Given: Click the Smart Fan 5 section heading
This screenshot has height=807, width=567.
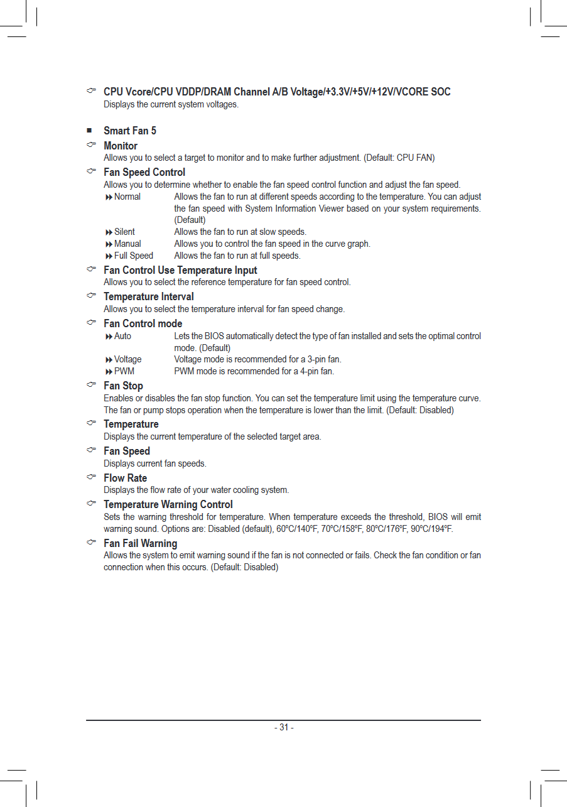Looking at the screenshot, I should pos(130,131).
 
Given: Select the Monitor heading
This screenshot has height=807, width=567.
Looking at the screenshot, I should pos(121,146).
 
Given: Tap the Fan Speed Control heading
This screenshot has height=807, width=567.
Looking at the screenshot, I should pos(144,172).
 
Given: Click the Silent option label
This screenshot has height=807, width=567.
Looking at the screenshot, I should pos(124,232).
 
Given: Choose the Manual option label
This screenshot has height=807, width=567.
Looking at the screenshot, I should pos(127,244).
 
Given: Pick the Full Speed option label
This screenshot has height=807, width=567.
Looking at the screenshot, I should pos(134,256).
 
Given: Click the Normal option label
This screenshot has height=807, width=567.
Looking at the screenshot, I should pos(127,197).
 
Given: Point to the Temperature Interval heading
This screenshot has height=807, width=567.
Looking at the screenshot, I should pos(149,296).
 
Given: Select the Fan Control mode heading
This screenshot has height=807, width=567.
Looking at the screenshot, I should pos(143,323).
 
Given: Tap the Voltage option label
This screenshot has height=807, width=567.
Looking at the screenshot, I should pos(128,359).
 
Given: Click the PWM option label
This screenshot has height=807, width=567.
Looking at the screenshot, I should pos(124,371).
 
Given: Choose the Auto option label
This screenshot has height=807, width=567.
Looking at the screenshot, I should pos(123,336).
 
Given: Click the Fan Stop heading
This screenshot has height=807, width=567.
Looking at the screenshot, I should pos(124,386).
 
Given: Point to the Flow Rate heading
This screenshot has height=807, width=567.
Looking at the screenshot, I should pos(126,478).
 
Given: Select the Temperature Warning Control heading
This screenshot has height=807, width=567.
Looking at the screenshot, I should pos(168,504).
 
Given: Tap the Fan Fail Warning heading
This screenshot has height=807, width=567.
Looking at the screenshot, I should pos(141,543).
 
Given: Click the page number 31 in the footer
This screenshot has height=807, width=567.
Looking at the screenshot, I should pos(284,727).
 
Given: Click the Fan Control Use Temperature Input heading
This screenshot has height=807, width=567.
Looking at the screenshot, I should pos(181,270).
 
